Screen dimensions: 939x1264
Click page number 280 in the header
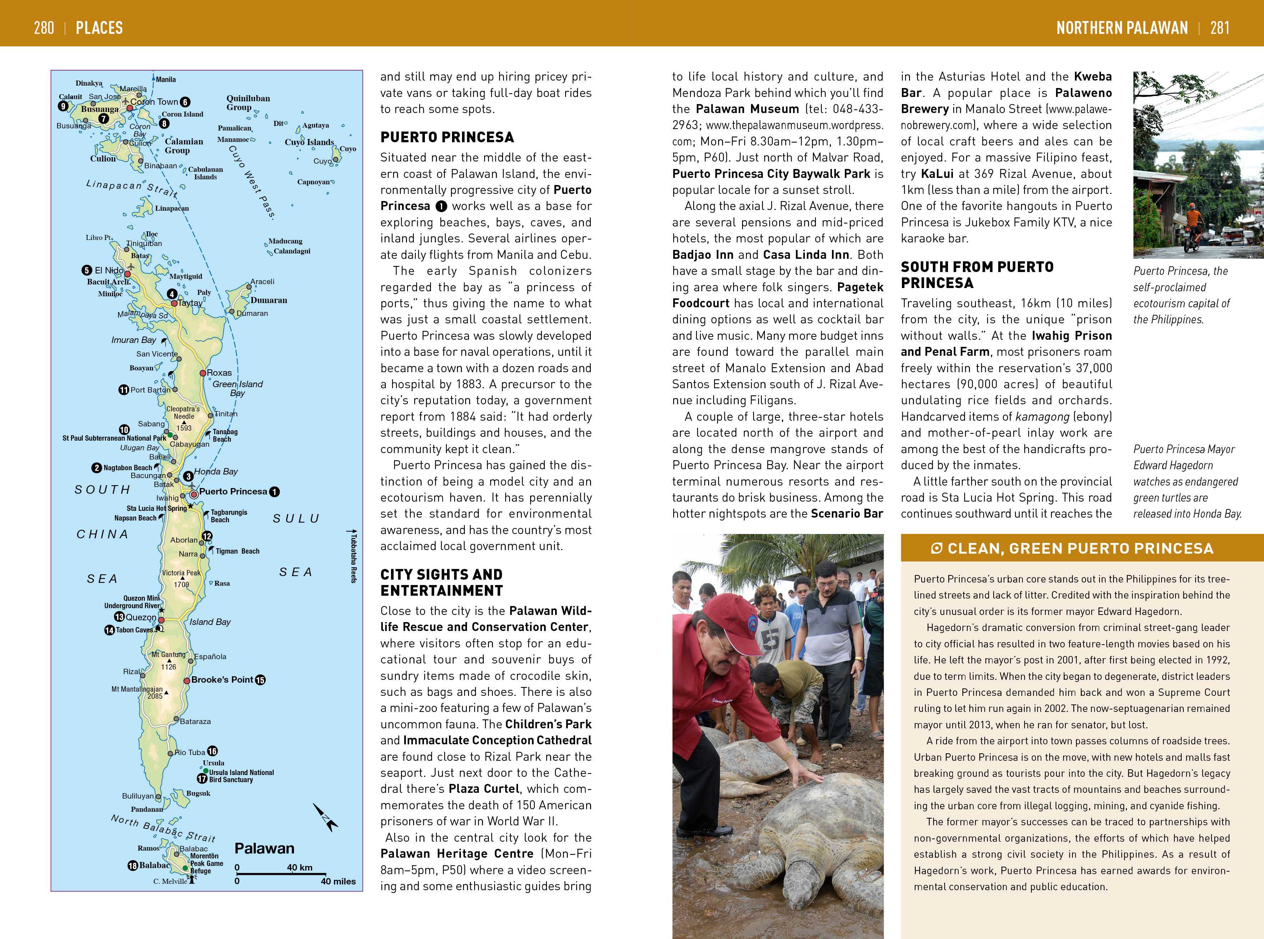[x=44, y=27]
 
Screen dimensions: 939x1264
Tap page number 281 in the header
[x=1220, y=27]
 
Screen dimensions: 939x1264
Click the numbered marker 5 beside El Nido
[x=86, y=271]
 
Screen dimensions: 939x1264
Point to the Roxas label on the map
[x=219, y=373]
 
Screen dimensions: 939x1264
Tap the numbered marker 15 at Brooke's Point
[x=260, y=680]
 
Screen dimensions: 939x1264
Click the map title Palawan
[x=264, y=848]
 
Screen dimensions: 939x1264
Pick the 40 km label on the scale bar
[x=299, y=867]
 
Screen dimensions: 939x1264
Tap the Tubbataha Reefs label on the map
[x=353, y=557]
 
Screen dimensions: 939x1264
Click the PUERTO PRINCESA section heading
[x=447, y=137]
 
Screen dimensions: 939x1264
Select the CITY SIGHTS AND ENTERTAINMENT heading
[x=441, y=583]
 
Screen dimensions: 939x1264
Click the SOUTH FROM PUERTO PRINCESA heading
[x=977, y=274]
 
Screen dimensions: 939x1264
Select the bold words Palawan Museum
[x=747, y=109]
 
